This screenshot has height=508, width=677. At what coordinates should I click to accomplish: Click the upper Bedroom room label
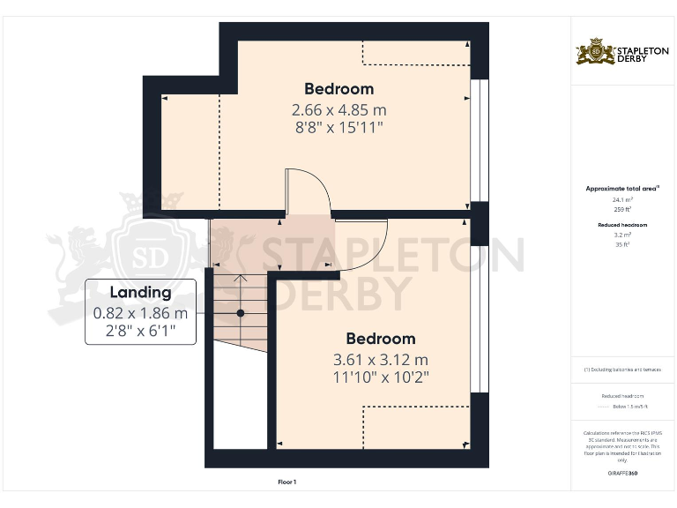tap(338, 89)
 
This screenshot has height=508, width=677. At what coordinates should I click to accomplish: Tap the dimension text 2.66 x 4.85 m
tap(338, 110)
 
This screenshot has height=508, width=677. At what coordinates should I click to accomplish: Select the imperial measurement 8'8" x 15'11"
tap(338, 128)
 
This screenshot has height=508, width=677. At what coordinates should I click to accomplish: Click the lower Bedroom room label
tap(380, 339)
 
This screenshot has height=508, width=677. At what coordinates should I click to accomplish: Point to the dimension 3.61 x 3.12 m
tap(380, 360)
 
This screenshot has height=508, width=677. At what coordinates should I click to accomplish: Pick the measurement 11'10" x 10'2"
tap(380, 377)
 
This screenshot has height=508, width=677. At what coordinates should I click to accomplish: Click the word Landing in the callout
tap(140, 293)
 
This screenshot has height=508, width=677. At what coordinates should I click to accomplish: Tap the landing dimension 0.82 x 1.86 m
tap(140, 313)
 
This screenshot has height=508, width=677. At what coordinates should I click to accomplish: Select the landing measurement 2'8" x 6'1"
tap(140, 332)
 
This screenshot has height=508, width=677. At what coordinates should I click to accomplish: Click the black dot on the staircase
tap(240, 313)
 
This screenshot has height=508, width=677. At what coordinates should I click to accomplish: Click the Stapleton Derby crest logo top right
tap(595, 52)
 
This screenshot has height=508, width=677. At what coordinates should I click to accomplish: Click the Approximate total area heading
tap(622, 189)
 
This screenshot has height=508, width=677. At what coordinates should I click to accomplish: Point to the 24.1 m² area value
tap(622, 200)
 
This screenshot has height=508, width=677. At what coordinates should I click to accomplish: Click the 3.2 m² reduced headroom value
tap(622, 235)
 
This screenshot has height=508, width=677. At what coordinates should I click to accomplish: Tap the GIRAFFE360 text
tap(622, 474)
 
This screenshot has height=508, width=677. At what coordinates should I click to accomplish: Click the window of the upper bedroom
tap(479, 141)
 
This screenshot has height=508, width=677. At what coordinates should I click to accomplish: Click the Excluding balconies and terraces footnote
tap(622, 370)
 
